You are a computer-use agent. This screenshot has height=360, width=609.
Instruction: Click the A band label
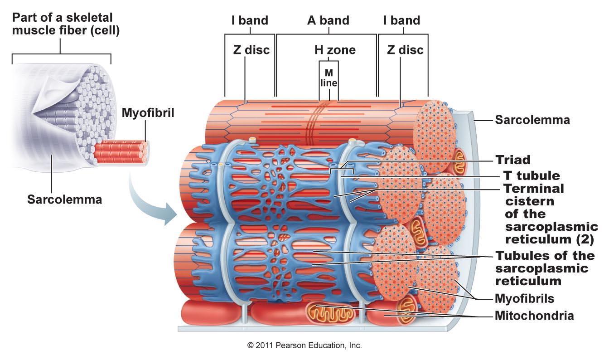click(329, 20)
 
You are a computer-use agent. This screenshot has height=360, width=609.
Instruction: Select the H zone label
click(335, 49)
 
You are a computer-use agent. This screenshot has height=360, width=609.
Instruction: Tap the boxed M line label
click(329, 78)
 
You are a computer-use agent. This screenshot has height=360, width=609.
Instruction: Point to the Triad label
click(513, 160)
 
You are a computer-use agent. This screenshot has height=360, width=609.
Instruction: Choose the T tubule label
click(532, 175)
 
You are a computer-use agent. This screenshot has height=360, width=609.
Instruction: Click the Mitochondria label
click(534, 316)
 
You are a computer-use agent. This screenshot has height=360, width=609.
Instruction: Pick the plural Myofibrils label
click(525, 299)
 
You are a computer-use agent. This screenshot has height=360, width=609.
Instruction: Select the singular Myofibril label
click(148, 112)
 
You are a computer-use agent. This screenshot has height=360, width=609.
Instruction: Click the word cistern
click(529, 201)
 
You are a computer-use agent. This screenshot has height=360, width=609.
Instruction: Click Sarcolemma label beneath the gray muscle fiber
click(64, 199)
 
